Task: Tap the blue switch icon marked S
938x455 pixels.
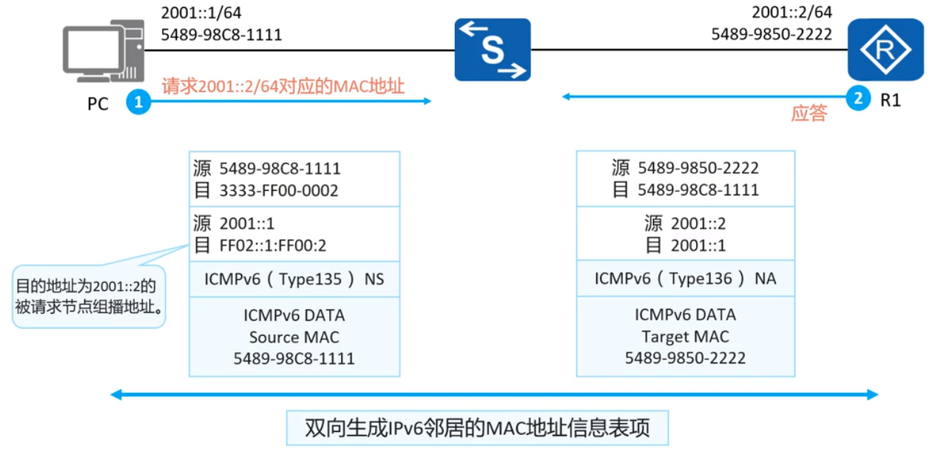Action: pos(493,50)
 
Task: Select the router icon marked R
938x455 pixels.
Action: pos(885,50)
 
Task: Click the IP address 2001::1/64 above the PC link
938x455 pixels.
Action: pos(201,13)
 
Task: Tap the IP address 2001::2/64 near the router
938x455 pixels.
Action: pos(792,13)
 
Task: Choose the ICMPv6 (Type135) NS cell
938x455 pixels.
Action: pos(294,280)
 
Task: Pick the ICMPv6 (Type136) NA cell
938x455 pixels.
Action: pos(685,280)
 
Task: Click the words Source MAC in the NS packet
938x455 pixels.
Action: pos(294,337)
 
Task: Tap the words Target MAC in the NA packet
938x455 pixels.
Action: pos(685,337)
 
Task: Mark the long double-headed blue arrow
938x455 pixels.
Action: pos(494,395)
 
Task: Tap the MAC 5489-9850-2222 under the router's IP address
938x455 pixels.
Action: pos(772,34)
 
